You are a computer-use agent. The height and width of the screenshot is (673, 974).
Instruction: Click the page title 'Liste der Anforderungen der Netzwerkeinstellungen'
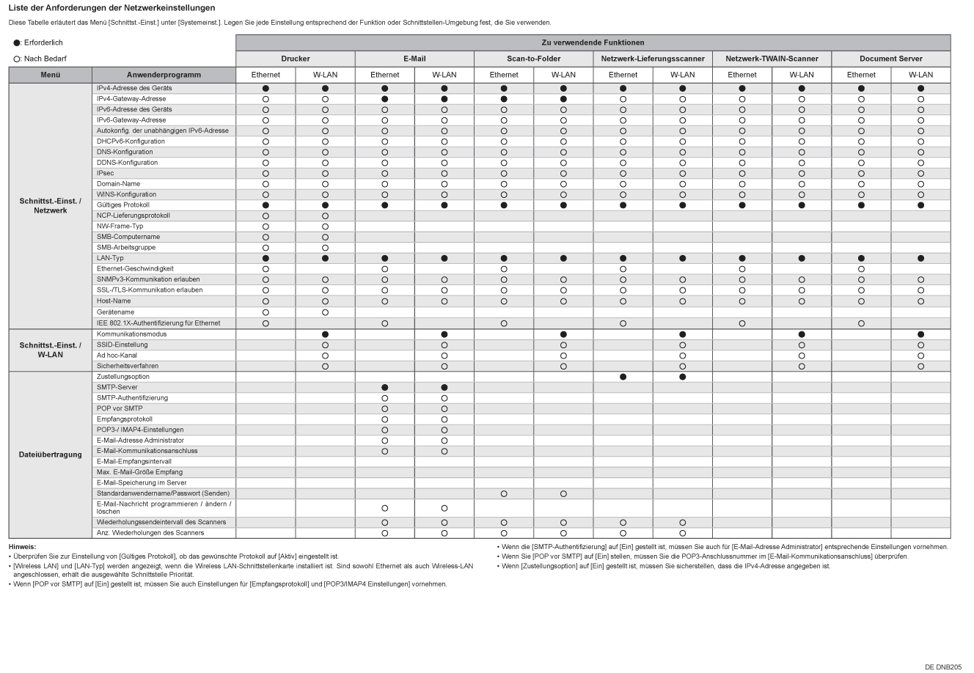coord(111,8)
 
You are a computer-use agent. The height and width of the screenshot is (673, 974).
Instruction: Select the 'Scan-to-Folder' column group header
coord(533,59)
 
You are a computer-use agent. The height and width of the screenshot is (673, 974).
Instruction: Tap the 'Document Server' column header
coord(890,59)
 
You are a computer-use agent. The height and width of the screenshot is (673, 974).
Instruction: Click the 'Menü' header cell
coord(51,75)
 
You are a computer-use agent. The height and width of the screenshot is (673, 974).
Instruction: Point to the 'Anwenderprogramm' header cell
coord(164,75)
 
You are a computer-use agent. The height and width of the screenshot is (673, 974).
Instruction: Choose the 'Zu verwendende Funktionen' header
coord(593,43)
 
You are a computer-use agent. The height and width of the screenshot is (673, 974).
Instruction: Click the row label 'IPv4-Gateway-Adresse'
coord(131,99)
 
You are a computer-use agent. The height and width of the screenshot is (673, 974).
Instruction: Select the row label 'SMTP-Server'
coord(117,387)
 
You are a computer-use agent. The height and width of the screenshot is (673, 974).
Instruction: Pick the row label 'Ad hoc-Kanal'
coord(117,356)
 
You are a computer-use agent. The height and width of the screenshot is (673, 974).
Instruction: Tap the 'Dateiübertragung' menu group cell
coord(51,455)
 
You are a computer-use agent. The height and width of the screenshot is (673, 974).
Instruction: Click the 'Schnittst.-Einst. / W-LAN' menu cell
coord(51,350)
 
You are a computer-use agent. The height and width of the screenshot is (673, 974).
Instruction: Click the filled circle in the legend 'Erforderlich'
coord(16,43)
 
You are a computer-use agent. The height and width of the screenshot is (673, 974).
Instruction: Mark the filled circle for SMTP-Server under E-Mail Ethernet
coord(384,387)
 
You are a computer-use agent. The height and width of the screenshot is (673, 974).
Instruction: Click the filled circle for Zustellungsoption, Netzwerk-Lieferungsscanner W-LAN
coord(682,377)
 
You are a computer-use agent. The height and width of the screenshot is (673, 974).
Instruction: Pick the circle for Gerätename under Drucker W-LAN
coord(325,312)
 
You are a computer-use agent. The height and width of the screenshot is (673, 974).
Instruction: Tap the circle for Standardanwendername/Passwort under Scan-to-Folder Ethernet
coord(504,494)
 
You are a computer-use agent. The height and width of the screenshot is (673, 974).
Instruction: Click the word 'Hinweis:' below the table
coord(22,547)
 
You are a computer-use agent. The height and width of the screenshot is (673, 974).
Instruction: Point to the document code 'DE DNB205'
coord(942,666)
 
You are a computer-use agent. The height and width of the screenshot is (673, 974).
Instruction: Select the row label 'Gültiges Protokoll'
coord(123,205)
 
